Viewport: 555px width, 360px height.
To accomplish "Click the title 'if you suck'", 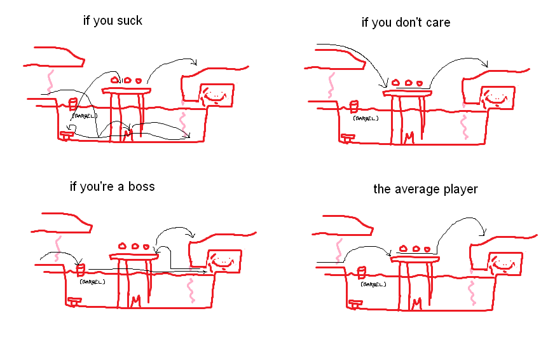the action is [x=113, y=20].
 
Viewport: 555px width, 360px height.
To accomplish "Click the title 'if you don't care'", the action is [x=406, y=23].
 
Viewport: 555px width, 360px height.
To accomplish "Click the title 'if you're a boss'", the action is [x=112, y=186].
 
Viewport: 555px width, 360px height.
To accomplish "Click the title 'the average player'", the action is [x=425, y=189].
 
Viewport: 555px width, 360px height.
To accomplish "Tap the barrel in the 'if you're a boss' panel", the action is [x=81, y=270].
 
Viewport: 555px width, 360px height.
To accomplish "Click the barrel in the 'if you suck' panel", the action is [x=72, y=104].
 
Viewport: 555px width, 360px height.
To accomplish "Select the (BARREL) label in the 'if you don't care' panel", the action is [x=366, y=118].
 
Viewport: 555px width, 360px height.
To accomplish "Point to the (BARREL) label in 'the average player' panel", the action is [x=373, y=284].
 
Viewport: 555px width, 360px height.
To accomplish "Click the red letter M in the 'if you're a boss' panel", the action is [x=135, y=301].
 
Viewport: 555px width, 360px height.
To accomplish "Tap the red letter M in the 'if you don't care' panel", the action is [x=409, y=137].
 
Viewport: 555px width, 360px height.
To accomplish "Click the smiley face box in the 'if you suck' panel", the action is [x=217, y=95].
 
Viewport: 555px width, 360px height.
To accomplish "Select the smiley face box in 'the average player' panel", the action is [x=505, y=263].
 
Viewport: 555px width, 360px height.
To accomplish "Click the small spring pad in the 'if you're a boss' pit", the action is [x=74, y=301].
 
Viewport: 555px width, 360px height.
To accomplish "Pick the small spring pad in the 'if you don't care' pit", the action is [x=347, y=137].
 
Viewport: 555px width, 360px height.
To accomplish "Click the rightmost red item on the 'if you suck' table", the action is [x=139, y=81].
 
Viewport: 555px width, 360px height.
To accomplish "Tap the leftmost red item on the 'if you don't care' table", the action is [x=395, y=83].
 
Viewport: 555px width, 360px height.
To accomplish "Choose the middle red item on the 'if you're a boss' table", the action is [x=135, y=246].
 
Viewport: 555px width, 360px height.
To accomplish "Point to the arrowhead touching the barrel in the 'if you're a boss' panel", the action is [x=79, y=262].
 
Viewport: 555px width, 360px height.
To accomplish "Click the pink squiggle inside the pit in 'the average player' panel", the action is [x=472, y=294].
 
